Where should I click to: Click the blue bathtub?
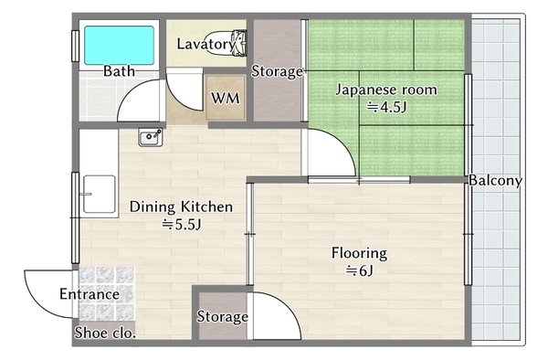[119, 45]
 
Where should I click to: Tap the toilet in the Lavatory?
[226, 43]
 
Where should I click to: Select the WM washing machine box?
[226, 98]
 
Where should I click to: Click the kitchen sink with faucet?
[151, 137]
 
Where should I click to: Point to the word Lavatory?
[205, 44]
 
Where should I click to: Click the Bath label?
[119, 71]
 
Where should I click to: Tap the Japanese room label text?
[386, 90]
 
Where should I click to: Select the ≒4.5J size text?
[386, 107]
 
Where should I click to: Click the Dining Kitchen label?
[181, 206]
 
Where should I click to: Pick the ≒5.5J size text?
[182, 225]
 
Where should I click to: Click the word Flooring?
[359, 253]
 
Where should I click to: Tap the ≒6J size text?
[360, 270]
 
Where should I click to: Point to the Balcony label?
[495, 180]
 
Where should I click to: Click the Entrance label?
[90, 294]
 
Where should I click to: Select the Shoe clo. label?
[105, 333]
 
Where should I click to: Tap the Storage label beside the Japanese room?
[277, 71]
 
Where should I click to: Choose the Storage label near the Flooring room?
[222, 317]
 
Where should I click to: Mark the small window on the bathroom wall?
[75, 46]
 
